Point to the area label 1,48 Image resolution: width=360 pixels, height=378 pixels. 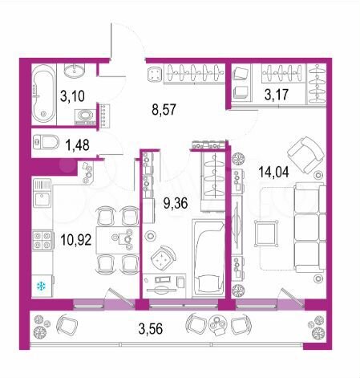pos(77,145)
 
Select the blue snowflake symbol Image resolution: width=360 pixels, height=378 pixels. pos(40,286)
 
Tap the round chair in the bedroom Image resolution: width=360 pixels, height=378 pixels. pos(164,258)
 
